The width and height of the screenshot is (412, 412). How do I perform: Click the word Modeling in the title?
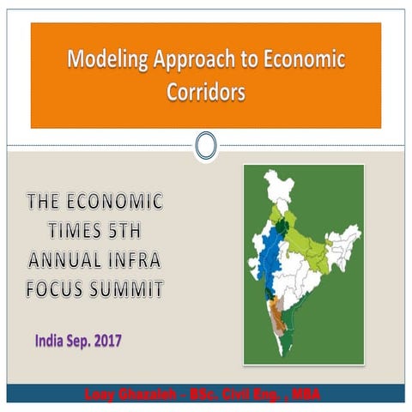click(x=100, y=60)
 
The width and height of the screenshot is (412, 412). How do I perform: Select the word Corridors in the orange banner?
click(x=205, y=92)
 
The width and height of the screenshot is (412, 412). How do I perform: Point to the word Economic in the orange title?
click(x=302, y=60)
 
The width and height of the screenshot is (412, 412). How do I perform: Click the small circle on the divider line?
click(x=205, y=145)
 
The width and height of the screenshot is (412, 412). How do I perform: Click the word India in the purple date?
click(x=51, y=340)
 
